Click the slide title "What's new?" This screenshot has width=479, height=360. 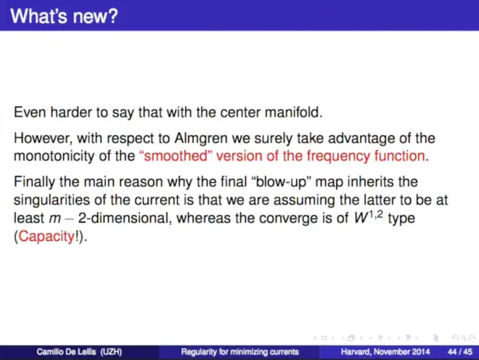click(64, 16)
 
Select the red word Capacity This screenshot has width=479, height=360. click(46, 237)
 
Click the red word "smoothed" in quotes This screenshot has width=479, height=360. click(173, 156)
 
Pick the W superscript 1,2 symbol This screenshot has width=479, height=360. click(369, 217)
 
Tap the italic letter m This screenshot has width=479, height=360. click(54, 219)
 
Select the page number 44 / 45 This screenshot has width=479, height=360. click(459, 352)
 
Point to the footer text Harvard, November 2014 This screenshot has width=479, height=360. click(385, 352)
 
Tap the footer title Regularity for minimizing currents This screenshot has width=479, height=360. click(239, 352)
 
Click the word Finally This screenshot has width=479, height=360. click(35, 182)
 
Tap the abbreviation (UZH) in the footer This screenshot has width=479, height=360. click(111, 352)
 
